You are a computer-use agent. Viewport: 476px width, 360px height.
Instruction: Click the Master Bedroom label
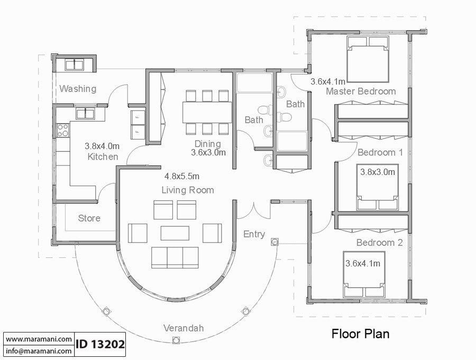[x=360, y=91]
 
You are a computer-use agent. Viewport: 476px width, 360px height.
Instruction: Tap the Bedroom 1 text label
[x=380, y=153]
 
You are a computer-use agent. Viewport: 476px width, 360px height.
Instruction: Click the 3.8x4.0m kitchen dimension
[x=103, y=146]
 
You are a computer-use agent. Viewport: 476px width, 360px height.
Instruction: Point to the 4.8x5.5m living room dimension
[x=182, y=177]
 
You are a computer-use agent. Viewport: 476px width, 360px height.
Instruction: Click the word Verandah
[x=183, y=328]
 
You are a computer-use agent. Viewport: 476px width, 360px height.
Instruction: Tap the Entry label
[x=254, y=234]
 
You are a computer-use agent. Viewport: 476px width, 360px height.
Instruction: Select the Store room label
[x=89, y=218]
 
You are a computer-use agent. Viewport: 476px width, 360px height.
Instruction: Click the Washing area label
[x=78, y=89]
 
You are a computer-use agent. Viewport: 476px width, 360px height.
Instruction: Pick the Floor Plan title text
[x=360, y=334]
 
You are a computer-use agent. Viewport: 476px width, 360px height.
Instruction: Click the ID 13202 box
[x=100, y=345]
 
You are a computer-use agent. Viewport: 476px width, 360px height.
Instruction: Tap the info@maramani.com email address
[x=39, y=350]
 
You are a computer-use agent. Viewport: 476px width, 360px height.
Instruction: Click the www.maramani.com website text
[x=39, y=339]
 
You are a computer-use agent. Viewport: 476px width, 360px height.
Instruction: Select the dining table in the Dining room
[x=207, y=112]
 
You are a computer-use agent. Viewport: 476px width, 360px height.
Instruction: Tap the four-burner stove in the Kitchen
[x=63, y=130]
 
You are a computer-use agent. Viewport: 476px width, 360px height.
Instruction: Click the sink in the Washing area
[x=74, y=64]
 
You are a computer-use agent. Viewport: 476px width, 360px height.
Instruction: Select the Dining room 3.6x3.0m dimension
[x=208, y=153]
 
